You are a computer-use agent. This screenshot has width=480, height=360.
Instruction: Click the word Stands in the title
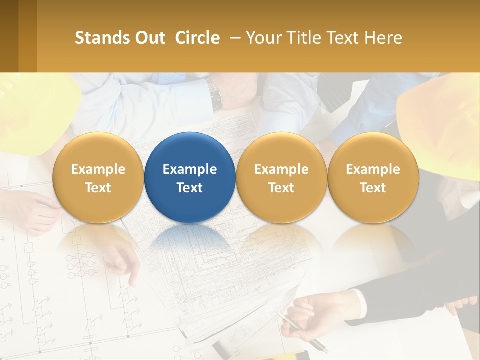(x=100, y=38)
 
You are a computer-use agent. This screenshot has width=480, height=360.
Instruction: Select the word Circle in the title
(x=197, y=38)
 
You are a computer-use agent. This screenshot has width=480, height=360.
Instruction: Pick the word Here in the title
(x=384, y=38)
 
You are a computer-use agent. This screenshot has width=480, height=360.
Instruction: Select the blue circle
(x=190, y=177)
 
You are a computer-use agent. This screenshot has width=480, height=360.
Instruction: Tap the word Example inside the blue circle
(x=190, y=169)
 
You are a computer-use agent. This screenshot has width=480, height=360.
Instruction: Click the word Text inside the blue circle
(x=190, y=188)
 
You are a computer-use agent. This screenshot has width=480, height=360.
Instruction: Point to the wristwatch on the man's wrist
(x=216, y=96)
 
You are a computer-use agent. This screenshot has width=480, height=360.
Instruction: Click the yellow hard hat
(x=35, y=110)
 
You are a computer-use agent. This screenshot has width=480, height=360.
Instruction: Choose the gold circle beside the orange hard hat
(x=373, y=177)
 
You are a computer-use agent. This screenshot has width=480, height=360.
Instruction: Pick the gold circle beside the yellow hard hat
(x=98, y=177)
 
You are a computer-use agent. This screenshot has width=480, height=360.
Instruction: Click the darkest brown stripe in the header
(x=9, y=36)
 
